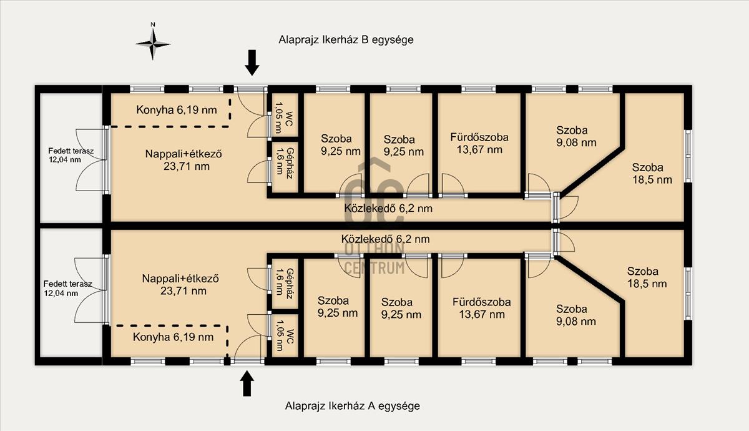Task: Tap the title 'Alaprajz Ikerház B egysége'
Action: coord(346,39)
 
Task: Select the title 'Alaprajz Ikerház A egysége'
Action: coord(353,406)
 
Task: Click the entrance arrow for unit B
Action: coord(252,62)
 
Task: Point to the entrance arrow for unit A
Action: coord(247,384)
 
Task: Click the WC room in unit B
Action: coord(284,115)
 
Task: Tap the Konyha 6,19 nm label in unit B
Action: coord(177,110)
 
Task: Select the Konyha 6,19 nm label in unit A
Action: coord(174,337)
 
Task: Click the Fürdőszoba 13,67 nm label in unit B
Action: coord(479,143)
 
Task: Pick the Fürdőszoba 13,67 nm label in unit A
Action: coord(482,308)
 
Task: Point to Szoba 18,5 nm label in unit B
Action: coord(652,174)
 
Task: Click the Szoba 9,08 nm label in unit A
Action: coord(576,315)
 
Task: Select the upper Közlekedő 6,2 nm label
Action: coord(388,209)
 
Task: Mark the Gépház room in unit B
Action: coord(284,167)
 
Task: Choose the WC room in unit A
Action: coord(284,335)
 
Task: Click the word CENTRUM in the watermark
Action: coord(374,268)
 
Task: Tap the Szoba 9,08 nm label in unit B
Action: coord(576,136)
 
